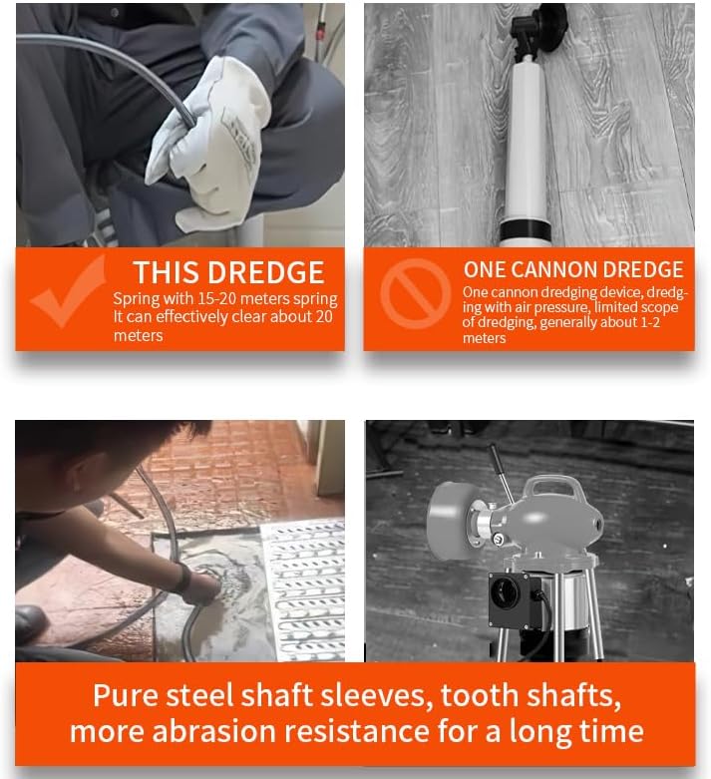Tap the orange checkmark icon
coord(70,292)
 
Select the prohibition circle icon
coord(416,293)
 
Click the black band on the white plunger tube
coord(526,231)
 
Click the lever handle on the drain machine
coord(501,473)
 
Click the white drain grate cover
coord(304,591)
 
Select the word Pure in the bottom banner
coord(127,695)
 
